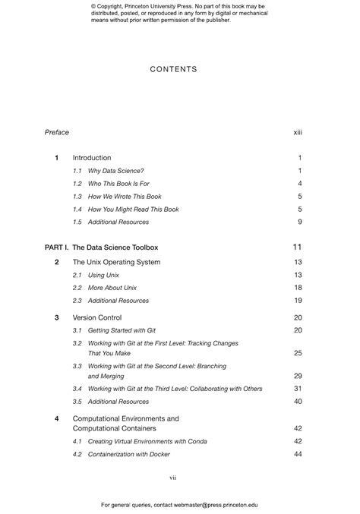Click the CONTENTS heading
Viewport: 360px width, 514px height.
(x=173, y=69)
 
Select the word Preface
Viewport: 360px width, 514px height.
(x=57, y=132)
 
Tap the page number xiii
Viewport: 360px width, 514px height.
(x=298, y=132)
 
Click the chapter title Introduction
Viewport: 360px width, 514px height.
(x=92, y=158)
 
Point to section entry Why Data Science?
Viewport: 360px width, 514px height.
(x=115, y=171)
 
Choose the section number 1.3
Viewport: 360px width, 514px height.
(x=77, y=197)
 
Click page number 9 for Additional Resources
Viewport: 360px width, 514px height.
(x=300, y=222)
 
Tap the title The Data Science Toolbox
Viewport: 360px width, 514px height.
(x=115, y=248)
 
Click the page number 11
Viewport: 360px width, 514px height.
(x=298, y=248)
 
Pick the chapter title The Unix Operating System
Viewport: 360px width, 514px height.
(x=116, y=262)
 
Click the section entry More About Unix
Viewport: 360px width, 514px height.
(x=115, y=288)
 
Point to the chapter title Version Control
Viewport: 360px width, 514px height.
(x=97, y=317)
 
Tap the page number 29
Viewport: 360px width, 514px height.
(x=298, y=376)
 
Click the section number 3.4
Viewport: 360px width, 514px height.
(x=77, y=389)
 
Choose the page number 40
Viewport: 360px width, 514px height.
(x=298, y=402)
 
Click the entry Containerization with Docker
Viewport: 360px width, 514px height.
(x=128, y=454)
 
